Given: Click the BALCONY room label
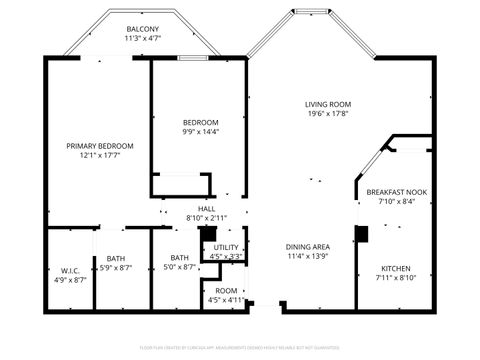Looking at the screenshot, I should coord(142,29).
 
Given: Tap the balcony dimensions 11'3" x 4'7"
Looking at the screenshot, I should coord(142,39).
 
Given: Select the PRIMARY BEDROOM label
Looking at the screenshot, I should coord(93,146).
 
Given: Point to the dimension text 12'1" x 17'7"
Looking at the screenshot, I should coord(93,156).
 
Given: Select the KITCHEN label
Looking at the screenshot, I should coord(396,268).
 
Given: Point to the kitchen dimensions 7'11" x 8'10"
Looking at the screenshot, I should coord(396,278).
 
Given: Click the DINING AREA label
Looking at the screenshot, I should coord(308,247).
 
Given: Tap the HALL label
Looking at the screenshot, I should coord(207,208).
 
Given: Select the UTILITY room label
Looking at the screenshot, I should coord(226,246).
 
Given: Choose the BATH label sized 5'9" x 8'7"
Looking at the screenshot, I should coord(116,258).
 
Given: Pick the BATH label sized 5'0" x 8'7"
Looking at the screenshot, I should coord(179,258).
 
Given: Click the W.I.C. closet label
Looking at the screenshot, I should coord(70,270).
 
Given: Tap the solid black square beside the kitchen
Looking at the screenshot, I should coord(362,233).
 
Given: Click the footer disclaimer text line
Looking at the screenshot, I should coord(240,347).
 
